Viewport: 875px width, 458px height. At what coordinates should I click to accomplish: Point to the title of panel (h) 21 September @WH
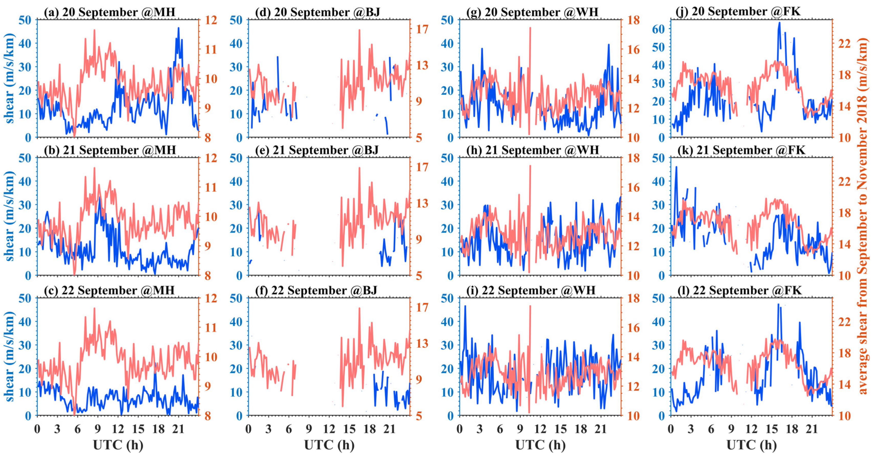point(532,150)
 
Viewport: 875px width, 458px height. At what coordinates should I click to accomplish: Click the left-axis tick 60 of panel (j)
point(658,29)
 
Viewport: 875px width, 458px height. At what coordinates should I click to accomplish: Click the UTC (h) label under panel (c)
point(118,445)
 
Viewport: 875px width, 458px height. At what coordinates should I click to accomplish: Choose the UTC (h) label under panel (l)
point(751,445)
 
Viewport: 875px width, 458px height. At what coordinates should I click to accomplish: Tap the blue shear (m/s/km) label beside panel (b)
point(9,216)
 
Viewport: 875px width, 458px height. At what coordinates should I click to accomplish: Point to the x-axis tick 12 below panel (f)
point(329,429)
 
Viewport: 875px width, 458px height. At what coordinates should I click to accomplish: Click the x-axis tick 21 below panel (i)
point(601,429)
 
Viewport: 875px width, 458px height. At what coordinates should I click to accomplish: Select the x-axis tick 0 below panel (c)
point(37,429)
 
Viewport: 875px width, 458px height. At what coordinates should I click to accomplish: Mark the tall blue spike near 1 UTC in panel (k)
point(676,167)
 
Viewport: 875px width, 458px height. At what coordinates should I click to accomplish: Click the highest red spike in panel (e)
point(359,168)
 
